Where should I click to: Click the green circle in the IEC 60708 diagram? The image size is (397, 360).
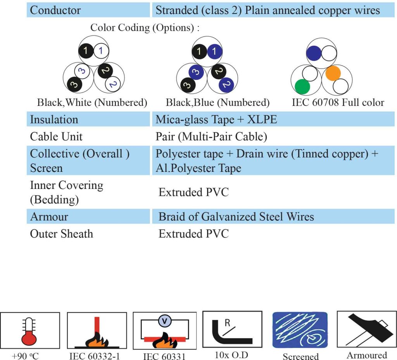point(302,87)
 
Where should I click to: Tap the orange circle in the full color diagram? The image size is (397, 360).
point(333,73)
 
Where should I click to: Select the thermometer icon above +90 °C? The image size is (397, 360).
point(29,331)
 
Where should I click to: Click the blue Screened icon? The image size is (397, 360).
point(300,330)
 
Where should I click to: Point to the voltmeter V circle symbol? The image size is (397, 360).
point(165,321)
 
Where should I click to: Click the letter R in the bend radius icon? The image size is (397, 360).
point(227,323)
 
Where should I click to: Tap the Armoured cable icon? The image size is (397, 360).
point(366,330)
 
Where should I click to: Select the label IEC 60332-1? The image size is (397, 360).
point(95,356)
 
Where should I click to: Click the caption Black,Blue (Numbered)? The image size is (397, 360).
point(217,102)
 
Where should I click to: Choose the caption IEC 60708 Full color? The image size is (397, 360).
point(338,102)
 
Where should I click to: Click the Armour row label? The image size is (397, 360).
point(49,216)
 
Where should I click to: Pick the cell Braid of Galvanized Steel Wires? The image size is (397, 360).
point(236,216)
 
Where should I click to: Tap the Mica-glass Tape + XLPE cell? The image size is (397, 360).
point(216,119)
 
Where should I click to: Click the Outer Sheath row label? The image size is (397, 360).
point(62,234)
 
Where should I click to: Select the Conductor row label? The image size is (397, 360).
point(55,10)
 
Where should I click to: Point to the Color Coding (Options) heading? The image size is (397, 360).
point(145,28)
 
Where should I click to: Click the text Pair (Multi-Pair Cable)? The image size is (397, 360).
point(211,137)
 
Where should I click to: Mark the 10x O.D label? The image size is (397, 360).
point(231,355)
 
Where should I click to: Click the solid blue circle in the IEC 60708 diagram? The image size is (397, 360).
point(314,53)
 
